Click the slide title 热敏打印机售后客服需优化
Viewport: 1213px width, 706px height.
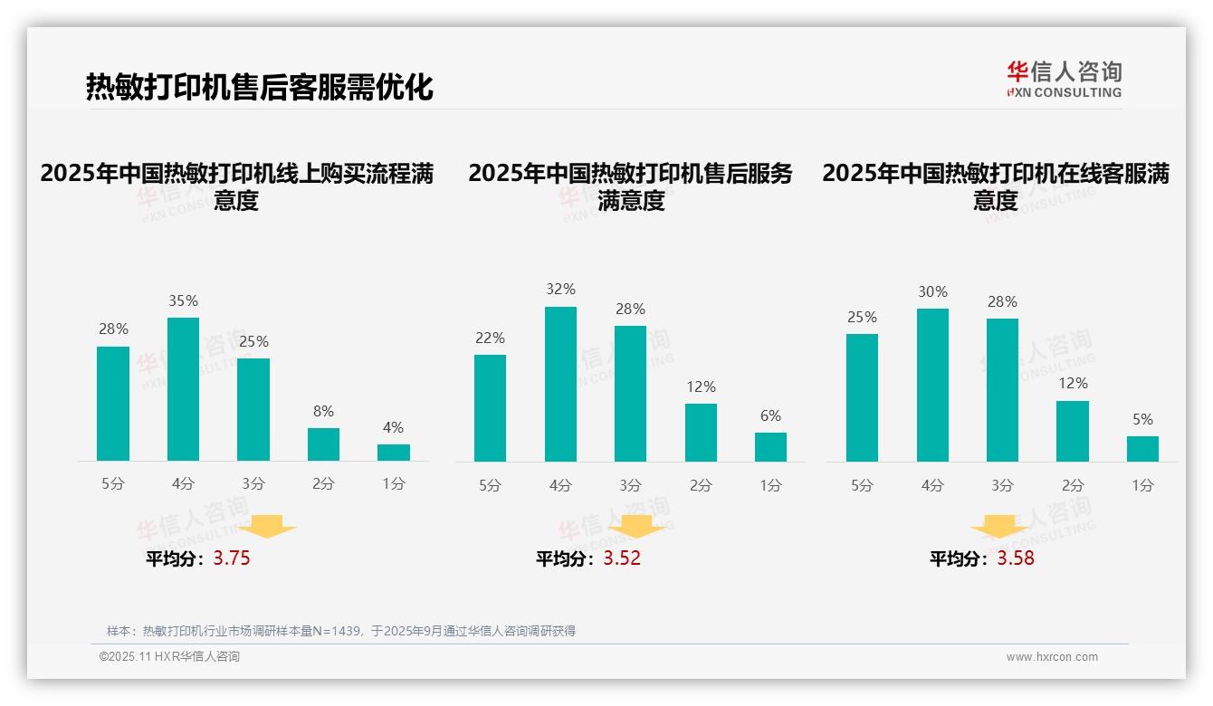[259, 87]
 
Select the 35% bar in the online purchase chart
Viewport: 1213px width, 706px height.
[183, 389]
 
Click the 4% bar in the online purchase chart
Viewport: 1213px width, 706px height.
[394, 453]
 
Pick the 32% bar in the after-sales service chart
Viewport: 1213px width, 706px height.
[560, 385]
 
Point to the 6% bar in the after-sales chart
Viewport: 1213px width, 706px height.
[770, 447]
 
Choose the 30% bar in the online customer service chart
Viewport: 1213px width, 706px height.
[932, 386]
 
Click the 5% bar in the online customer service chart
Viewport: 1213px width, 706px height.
[1142, 449]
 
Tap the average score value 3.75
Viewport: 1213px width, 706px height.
[232, 558]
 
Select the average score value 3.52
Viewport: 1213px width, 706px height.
[622, 558]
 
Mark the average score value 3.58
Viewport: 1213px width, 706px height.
[1016, 558]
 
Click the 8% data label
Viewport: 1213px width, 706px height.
[323, 412]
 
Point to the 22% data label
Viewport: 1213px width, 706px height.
[491, 339]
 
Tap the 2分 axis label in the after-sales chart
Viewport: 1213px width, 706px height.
[701, 485]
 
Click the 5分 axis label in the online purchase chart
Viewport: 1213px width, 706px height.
[113, 483]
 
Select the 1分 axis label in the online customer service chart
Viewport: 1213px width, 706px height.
[1142, 485]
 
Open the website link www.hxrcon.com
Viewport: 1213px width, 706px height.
[1052, 657]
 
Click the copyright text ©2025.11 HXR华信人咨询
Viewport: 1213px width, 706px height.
[169, 657]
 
